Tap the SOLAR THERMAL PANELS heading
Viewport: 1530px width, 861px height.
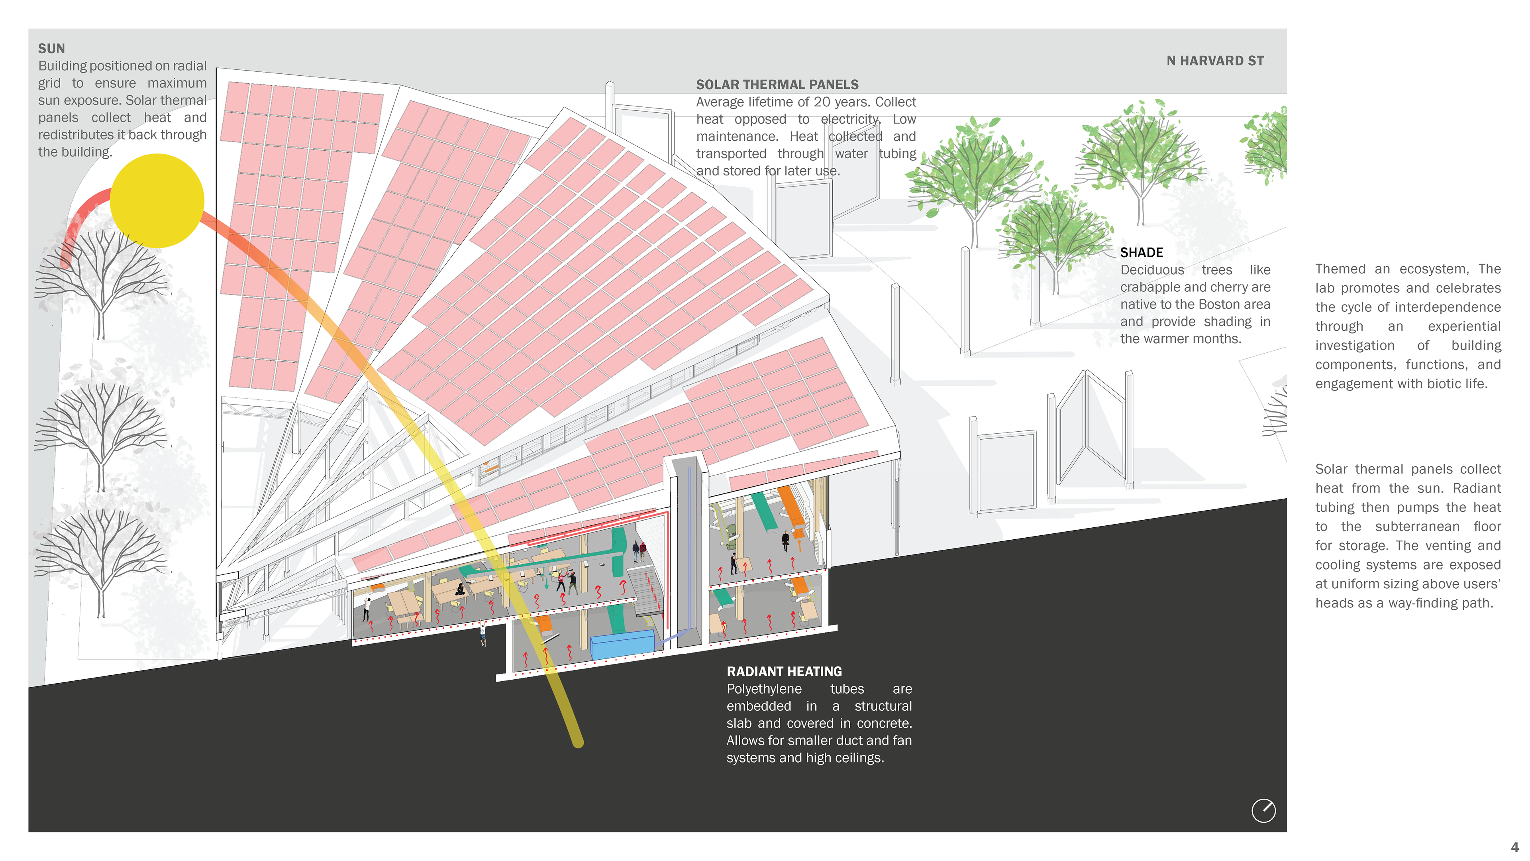click(777, 85)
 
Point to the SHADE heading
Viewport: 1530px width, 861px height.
click(1141, 253)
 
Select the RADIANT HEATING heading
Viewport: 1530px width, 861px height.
click(784, 671)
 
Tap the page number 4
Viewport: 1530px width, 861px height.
click(1514, 847)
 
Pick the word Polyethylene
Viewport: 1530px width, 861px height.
click(764, 689)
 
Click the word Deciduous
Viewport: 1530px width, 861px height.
click(1151, 270)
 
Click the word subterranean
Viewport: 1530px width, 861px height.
click(1417, 527)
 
